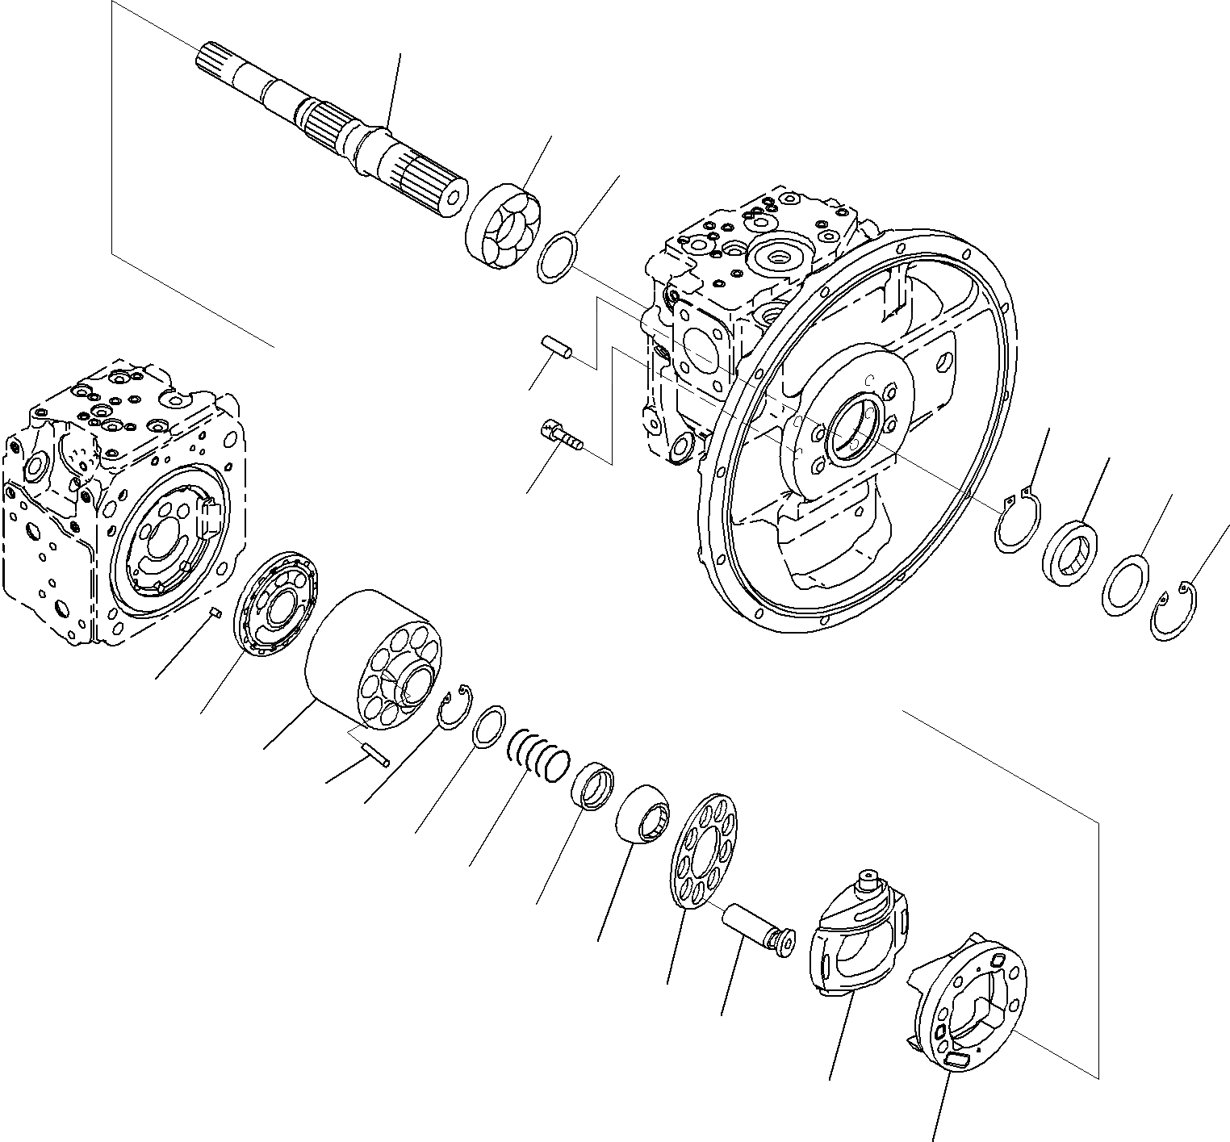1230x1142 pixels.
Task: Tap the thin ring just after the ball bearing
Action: tap(556, 257)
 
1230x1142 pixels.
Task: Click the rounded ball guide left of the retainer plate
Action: tap(642, 813)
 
